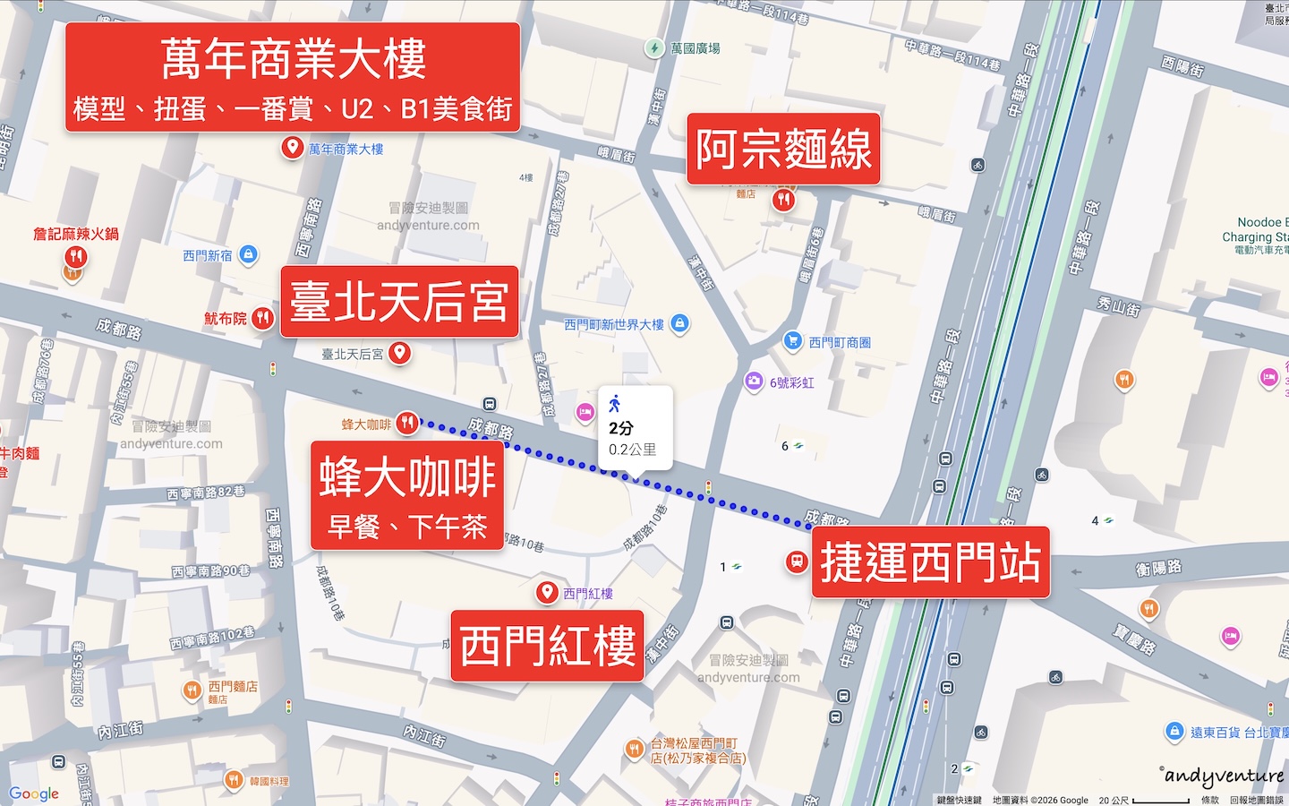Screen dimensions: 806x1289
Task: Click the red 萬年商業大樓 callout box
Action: (x=292, y=78)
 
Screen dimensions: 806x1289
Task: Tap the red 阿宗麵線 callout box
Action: (x=783, y=149)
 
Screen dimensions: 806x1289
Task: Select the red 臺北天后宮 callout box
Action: (x=399, y=302)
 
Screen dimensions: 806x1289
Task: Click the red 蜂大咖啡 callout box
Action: (x=407, y=495)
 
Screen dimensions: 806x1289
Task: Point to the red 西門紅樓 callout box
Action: (x=547, y=646)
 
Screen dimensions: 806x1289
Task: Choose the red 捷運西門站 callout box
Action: (x=930, y=562)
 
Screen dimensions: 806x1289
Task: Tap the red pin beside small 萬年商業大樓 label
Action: (x=292, y=148)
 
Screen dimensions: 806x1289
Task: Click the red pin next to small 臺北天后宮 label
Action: (x=400, y=353)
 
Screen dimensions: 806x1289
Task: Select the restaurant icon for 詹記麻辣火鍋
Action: (x=76, y=258)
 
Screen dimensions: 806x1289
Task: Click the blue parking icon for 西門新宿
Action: (x=249, y=255)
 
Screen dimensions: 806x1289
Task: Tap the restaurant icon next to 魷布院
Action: (x=262, y=318)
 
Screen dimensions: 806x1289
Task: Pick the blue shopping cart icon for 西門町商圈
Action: (x=792, y=341)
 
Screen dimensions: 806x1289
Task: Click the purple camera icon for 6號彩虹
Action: (x=754, y=382)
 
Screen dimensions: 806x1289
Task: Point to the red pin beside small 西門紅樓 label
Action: (x=547, y=592)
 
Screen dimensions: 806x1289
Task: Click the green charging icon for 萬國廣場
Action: (x=655, y=48)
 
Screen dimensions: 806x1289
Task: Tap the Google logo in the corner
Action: (x=34, y=793)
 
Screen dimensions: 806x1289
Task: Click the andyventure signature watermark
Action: (x=1223, y=776)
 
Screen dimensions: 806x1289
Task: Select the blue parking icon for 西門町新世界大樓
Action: (x=679, y=323)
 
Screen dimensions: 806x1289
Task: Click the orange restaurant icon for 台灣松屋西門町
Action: (x=634, y=749)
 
